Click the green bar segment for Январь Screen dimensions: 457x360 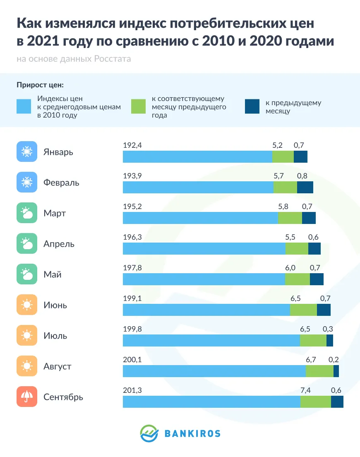click(283, 157)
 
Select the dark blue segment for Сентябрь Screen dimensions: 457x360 click(337, 402)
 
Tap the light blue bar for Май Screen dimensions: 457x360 click(204, 279)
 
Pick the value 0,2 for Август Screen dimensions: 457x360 click(334, 360)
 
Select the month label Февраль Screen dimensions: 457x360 click(61, 183)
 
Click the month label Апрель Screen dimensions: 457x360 click(59, 244)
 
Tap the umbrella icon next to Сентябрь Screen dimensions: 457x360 click(27, 397)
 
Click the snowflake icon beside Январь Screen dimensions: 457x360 click(27, 152)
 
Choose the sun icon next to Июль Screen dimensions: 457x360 click(27, 336)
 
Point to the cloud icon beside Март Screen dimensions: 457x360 click(27, 213)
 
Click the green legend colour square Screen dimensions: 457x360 click(139, 106)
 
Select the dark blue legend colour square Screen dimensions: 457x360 click(252, 106)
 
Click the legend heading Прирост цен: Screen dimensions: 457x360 click(40, 85)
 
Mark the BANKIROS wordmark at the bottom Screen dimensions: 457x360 click(192, 433)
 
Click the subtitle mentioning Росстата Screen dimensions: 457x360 click(74, 59)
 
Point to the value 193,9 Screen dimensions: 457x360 click(132, 176)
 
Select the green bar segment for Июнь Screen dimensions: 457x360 click(303, 310)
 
